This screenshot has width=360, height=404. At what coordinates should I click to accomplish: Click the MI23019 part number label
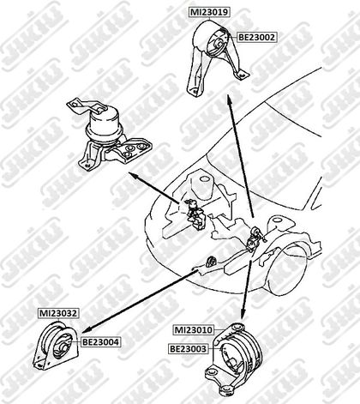click(x=209, y=12)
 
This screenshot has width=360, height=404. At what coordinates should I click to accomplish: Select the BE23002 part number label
click(x=256, y=37)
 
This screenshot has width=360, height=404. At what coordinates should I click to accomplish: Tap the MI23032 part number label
click(x=58, y=313)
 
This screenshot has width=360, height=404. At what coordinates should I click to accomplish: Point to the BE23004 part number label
click(x=100, y=341)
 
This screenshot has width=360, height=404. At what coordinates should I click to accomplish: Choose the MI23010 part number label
click(x=194, y=330)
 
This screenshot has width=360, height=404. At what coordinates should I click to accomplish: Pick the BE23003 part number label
click(x=188, y=349)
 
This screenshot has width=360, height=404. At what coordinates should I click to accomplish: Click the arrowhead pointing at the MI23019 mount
click(x=228, y=99)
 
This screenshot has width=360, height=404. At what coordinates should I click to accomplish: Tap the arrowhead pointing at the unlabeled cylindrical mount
click(x=133, y=175)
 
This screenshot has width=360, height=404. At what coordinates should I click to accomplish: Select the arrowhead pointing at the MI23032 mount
click(x=86, y=329)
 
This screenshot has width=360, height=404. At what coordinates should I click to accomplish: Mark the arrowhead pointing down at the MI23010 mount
click(x=243, y=315)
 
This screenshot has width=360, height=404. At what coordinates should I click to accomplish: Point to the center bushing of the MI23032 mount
click(x=63, y=348)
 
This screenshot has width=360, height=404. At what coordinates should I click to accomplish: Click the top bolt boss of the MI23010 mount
click(x=237, y=326)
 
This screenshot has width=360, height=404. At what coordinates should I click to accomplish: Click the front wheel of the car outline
click(x=285, y=273)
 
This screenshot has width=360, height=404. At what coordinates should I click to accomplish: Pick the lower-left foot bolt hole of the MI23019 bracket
click(x=195, y=91)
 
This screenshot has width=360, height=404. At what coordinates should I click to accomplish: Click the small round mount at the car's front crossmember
click(x=212, y=261)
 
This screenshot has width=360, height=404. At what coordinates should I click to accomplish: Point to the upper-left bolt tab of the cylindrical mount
click(x=75, y=103)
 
